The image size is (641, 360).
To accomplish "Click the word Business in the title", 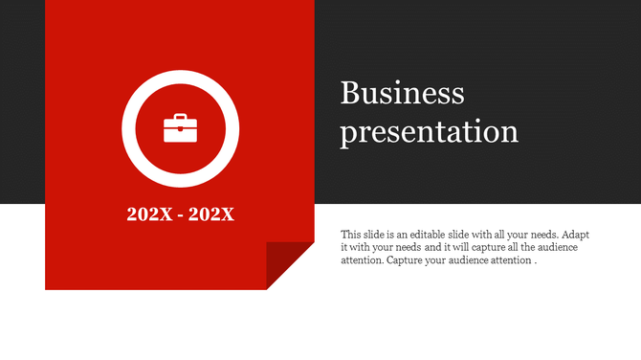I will point(402,94).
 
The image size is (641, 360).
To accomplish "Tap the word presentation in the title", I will point(430,131).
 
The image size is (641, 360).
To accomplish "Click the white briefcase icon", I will point(180,128).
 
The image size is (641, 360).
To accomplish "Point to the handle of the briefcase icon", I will point(180,118).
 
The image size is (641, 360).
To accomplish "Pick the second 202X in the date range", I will point(211,214).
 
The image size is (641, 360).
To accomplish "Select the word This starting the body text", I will point(351,234).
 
